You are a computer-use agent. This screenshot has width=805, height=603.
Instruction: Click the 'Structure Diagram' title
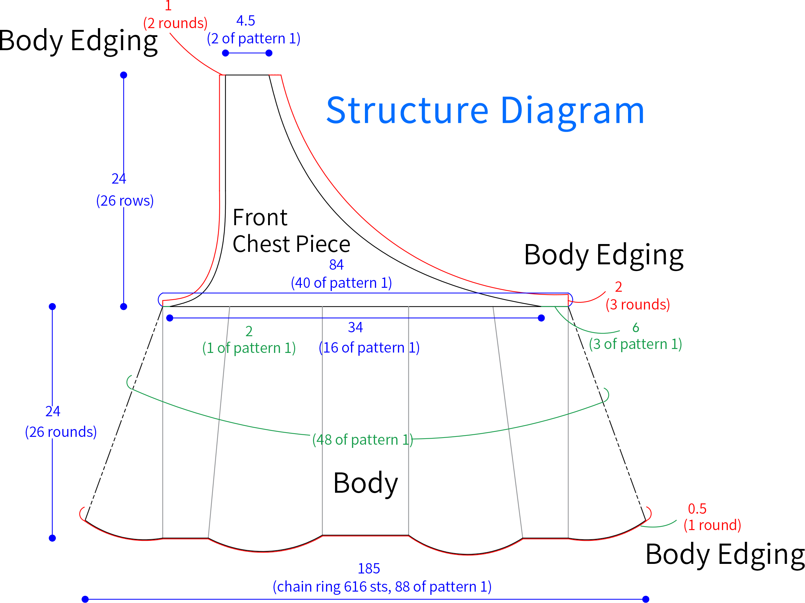click(486, 111)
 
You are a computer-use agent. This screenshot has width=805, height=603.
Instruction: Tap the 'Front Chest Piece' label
click(291, 231)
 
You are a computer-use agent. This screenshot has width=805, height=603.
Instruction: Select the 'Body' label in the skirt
click(365, 484)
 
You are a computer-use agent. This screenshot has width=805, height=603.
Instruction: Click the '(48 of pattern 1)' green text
click(363, 440)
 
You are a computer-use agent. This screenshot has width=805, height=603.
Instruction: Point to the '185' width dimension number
click(368, 568)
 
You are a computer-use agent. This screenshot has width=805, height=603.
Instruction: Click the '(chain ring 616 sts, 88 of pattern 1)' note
click(382, 587)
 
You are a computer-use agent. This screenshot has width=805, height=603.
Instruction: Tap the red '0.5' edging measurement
click(697, 509)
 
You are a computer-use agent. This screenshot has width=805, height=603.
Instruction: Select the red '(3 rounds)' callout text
click(638, 305)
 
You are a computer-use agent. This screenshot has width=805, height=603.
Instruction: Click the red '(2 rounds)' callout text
click(175, 23)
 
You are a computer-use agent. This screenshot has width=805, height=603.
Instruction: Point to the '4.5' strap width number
click(246, 21)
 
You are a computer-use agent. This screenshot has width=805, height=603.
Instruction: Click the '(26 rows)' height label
click(125, 201)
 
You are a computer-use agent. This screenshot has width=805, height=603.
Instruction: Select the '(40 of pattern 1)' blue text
click(341, 283)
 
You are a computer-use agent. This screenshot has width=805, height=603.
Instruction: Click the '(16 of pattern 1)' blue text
click(369, 348)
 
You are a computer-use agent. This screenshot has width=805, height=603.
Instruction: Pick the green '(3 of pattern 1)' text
click(636, 344)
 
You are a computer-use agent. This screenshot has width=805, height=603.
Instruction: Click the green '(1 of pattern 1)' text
click(249, 348)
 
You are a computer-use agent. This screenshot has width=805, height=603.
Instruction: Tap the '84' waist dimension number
click(336, 265)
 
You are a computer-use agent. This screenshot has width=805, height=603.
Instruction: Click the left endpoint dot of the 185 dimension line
click(85, 599)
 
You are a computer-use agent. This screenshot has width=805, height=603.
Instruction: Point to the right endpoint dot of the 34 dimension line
click(541, 318)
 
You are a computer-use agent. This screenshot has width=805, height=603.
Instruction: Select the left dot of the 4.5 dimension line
click(225, 53)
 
